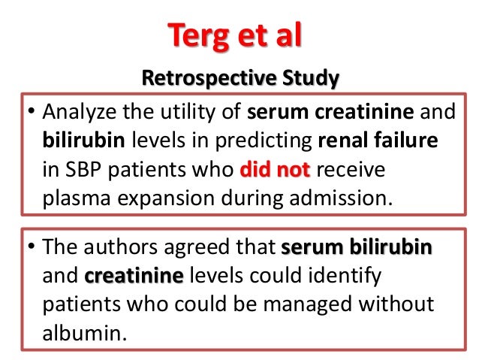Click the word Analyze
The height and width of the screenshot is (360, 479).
coord(75,114)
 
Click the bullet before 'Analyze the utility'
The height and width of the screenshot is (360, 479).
coord(32,115)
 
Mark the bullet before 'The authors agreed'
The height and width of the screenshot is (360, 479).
coord(32,249)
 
